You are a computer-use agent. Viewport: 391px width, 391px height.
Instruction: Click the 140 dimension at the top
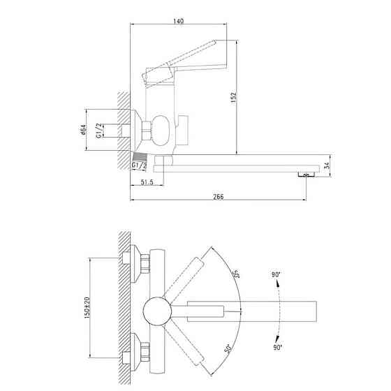point(179,21)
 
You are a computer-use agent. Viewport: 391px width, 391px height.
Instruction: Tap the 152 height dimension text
point(233,98)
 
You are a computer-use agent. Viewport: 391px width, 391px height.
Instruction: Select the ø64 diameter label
point(83,130)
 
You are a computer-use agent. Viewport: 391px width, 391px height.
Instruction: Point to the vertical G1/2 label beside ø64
point(98,131)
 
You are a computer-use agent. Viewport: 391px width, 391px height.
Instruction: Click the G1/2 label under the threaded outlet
point(139,165)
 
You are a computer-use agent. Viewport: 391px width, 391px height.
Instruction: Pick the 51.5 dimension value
point(147,182)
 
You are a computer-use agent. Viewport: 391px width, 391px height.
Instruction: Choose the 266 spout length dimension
point(219,197)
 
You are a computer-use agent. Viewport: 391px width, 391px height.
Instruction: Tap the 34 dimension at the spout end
point(327,165)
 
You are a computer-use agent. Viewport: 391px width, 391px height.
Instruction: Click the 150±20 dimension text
point(87,307)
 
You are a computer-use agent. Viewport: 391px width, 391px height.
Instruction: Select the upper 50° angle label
point(235,274)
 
